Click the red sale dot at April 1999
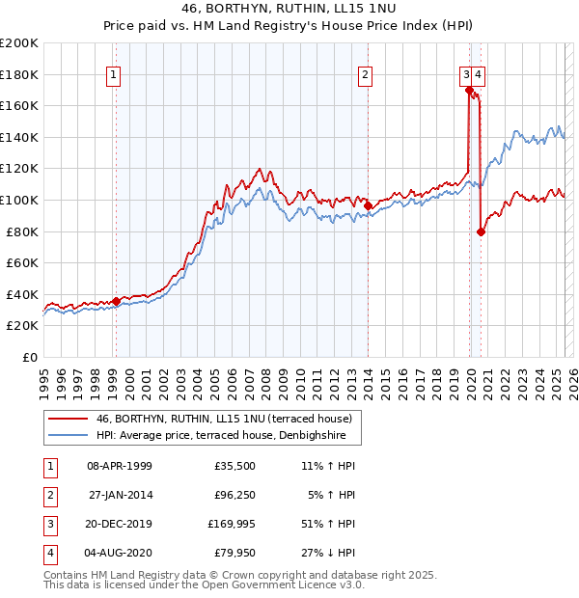click(x=116, y=301)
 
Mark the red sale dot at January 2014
click(x=368, y=205)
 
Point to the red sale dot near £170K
click(x=469, y=91)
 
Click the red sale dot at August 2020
click(x=481, y=231)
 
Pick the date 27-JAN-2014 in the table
click(x=120, y=496)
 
